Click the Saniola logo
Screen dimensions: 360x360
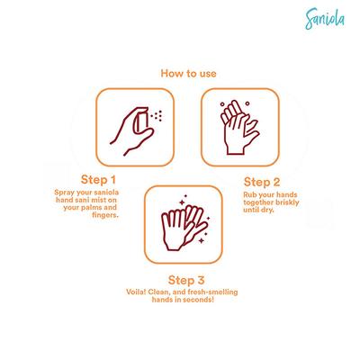click(x=325, y=19)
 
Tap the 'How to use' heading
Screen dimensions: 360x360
click(x=188, y=74)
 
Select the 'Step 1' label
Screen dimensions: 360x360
click(x=98, y=180)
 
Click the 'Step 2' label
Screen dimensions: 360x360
click(x=262, y=182)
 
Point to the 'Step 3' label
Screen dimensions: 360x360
click(x=186, y=280)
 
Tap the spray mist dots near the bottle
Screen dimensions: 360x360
click(x=157, y=115)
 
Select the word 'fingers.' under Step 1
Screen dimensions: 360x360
click(x=105, y=215)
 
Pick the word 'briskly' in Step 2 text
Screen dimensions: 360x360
click(x=287, y=202)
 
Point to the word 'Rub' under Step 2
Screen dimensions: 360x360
click(x=249, y=194)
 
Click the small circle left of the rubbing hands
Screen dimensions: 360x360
click(x=222, y=104)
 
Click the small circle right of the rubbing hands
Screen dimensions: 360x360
click(x=247, y=103)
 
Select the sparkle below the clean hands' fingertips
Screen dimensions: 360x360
click(x=202, y=240)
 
